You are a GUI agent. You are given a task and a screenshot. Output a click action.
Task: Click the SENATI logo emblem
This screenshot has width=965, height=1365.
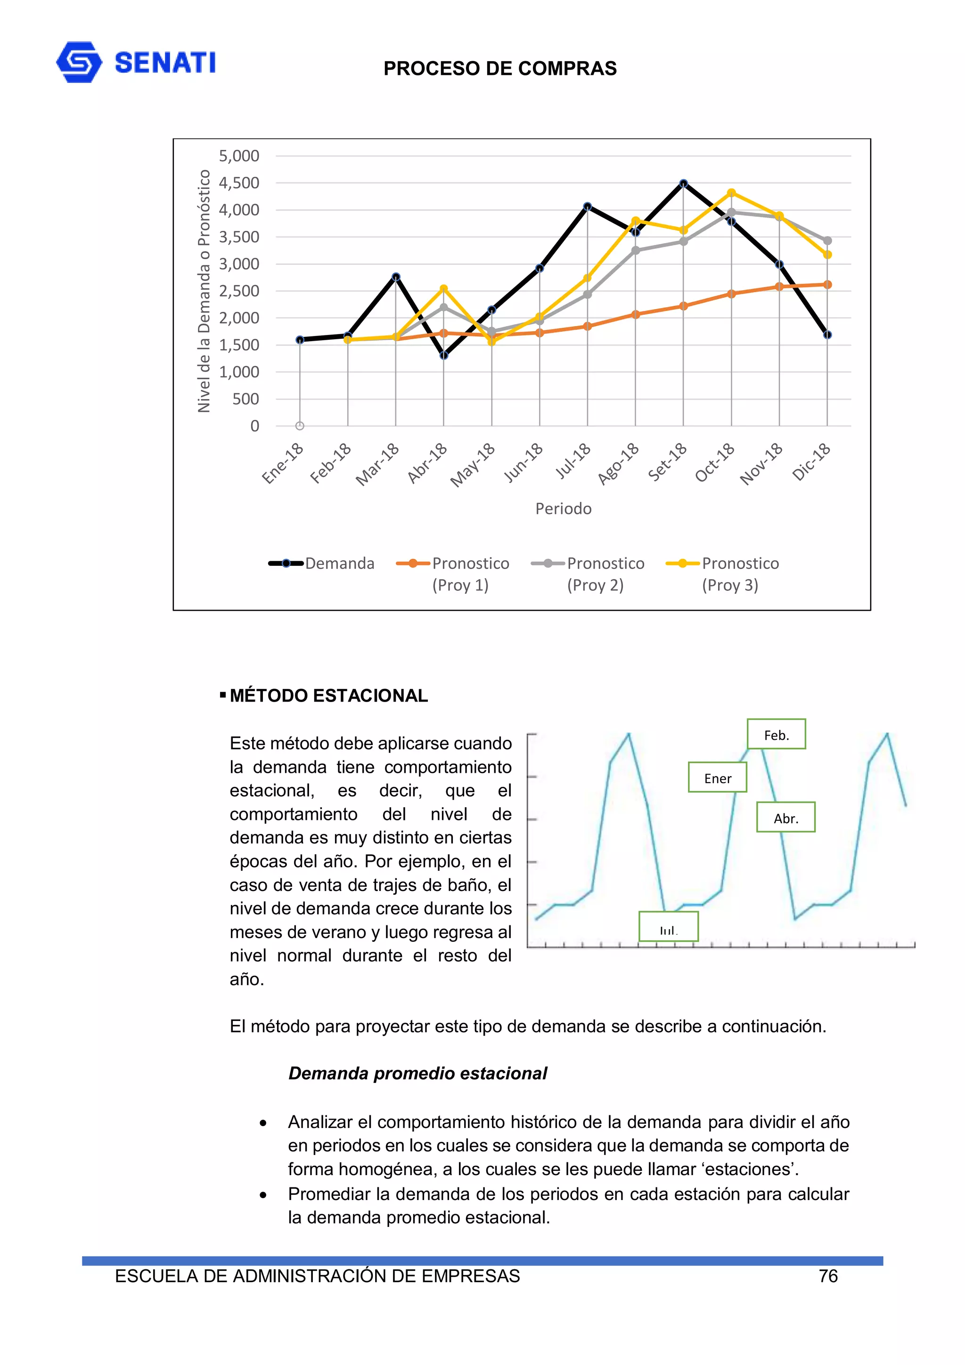79,62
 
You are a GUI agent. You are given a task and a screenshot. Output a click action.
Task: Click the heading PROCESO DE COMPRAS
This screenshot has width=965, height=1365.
499,69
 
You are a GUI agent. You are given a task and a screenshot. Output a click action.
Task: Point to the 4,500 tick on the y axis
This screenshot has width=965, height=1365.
239,183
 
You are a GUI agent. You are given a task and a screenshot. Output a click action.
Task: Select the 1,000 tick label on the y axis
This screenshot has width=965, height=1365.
239,372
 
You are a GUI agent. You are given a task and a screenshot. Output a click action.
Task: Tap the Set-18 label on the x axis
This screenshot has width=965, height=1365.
668,461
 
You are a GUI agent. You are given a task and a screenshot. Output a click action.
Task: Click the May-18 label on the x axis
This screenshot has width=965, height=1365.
473,465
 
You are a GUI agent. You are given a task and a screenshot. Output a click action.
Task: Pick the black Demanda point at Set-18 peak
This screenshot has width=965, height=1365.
683,184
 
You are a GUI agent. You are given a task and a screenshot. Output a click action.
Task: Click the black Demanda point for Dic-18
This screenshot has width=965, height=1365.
827,335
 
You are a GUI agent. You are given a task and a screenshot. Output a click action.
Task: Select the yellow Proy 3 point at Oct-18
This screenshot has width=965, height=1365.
731,193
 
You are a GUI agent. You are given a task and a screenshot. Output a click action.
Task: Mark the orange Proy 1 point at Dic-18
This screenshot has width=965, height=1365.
827,285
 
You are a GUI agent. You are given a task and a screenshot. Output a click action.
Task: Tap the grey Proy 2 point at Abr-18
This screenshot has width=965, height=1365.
443,307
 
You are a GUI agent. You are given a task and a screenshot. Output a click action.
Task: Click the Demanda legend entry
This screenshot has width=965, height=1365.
322,563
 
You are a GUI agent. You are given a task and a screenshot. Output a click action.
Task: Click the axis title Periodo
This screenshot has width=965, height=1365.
563,509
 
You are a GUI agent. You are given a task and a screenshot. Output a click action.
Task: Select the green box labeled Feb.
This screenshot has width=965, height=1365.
776,735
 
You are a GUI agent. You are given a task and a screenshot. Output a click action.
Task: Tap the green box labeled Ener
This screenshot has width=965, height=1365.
717,778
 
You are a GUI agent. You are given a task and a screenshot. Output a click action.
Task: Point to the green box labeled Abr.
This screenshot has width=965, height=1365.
785,818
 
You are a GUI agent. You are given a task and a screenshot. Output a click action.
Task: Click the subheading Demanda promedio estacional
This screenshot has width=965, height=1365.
417,1074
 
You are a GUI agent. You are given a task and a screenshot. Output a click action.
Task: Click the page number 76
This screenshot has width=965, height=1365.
828,1276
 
